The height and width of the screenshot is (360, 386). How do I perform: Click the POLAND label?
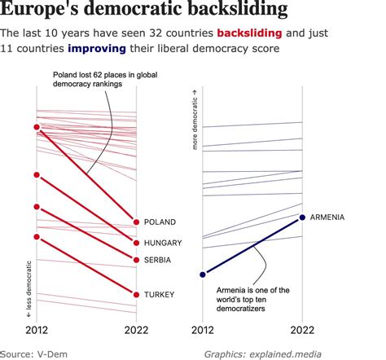click(x=160, y=222)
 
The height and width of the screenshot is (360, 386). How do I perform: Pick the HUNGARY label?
click(x=163, y=243)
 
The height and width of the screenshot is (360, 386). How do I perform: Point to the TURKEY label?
click(x=160, y=294)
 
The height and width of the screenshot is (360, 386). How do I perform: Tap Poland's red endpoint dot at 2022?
click(x=135, y=222)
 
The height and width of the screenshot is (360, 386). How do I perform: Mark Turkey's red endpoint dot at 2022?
click(x=135, y=294)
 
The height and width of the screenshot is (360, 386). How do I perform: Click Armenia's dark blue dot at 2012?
click(x=203, y=274)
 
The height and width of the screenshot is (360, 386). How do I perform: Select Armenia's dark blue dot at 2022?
click(x=303, y=217)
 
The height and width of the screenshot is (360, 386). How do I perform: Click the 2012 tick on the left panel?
click(x=36, y=330)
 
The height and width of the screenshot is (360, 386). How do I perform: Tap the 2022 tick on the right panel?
click(x=303, y=330)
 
